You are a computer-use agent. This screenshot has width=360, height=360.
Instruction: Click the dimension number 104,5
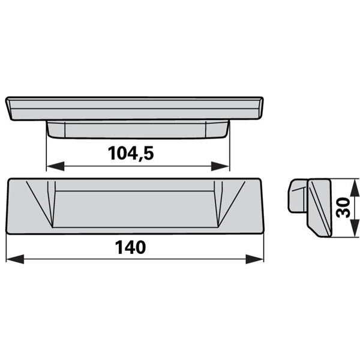coord(131,153)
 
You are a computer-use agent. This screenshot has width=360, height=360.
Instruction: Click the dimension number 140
coord(130,247)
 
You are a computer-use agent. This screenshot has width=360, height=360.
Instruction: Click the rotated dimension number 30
coord(343,208)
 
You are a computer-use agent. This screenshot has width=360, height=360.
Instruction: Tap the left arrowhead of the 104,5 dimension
coord(55,166)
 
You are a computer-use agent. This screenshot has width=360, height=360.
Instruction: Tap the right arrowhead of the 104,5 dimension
coord(220,166)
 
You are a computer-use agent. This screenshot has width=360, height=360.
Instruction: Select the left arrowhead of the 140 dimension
coord(15,259)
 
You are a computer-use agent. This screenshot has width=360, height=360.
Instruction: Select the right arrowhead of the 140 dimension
coord(254,259)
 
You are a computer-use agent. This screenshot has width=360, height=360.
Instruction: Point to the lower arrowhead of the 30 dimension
coord(355,227)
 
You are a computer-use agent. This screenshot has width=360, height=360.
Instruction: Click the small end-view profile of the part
coord(310,208)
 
